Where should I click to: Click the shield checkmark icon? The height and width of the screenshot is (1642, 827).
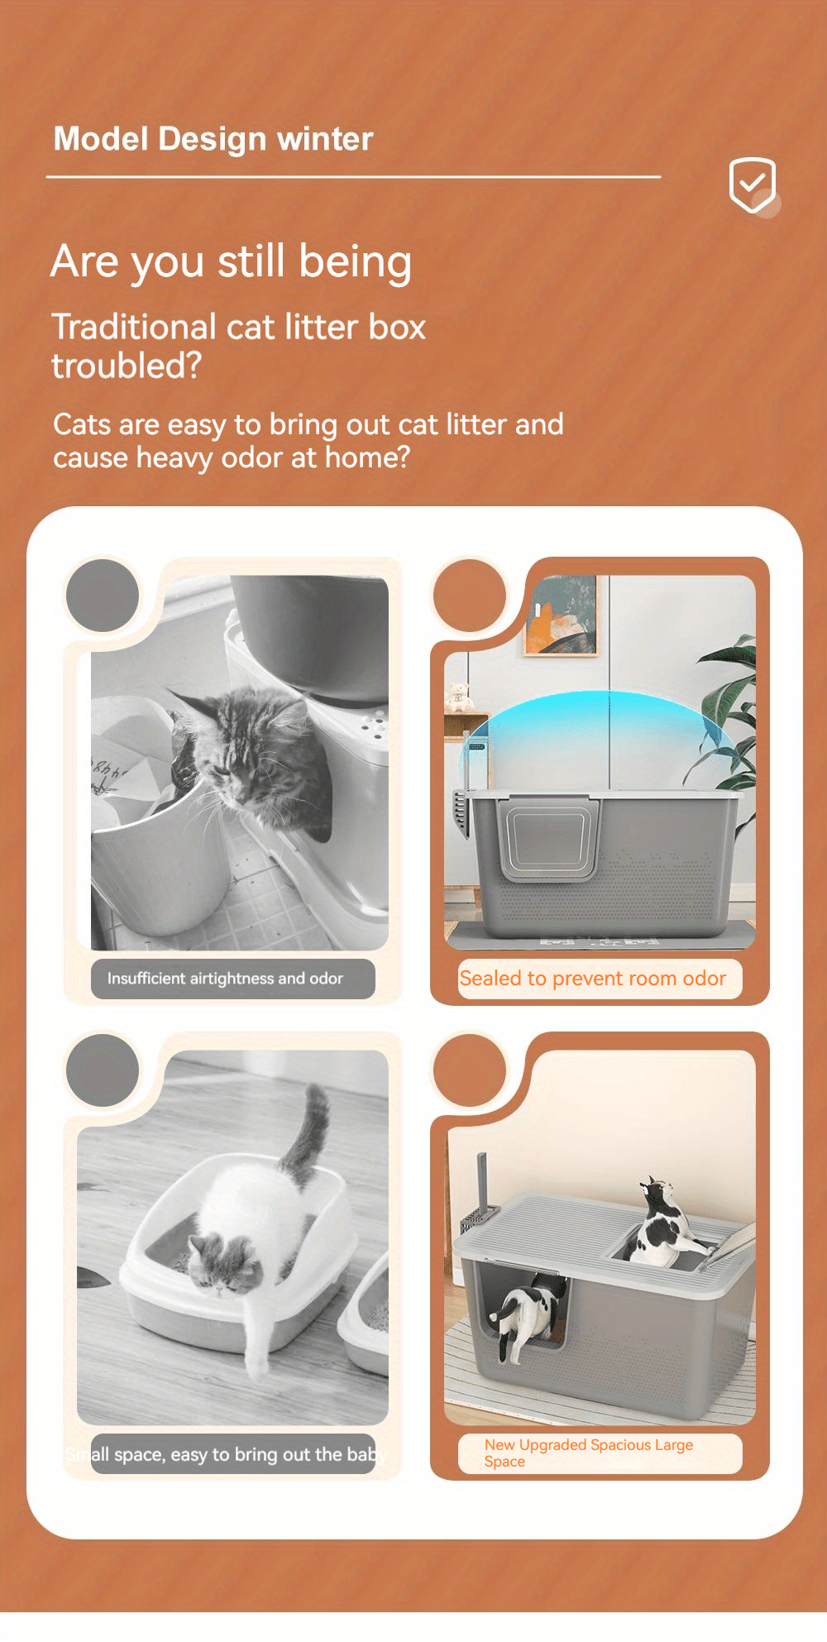click(752, 184)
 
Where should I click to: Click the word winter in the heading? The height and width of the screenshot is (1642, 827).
click(325, 139)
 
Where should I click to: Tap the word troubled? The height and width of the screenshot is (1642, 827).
click(126, 366)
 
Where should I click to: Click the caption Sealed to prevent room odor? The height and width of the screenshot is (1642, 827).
click(593, 979)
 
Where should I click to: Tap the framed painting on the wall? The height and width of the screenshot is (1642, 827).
click(561, 616)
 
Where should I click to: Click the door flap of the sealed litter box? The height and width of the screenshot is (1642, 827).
click(550, 837)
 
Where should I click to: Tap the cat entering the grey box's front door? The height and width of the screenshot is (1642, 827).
click(523, 1315)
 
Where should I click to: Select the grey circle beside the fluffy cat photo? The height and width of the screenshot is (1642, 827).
click(103, 596)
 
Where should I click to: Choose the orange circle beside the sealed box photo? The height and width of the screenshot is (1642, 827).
click(469, 596)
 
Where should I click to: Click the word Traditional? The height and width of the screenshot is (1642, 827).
click(133, 327)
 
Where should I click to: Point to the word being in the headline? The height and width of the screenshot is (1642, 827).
click(355, 262)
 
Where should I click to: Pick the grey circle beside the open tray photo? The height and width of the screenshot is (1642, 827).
click(103, 1070)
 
